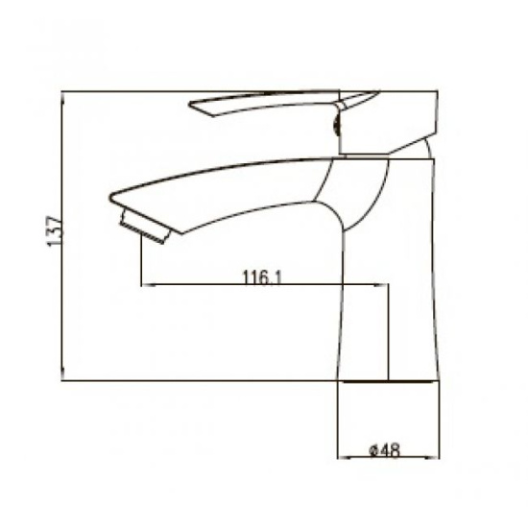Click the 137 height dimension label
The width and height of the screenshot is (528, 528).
[x=54, y=231]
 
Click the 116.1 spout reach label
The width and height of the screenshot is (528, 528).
[x=262, y=277]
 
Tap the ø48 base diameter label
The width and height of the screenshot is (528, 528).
[x=385, y=450]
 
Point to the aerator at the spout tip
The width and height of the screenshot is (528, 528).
[x=146, y=227]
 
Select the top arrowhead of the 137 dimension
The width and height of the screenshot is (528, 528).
[x=63, y=97]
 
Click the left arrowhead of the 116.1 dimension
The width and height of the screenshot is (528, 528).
[x=148, y=285]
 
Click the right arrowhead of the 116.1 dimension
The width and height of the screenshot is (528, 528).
[x=381, y=285]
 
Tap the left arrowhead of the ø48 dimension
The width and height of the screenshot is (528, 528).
[x=344, y=458]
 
